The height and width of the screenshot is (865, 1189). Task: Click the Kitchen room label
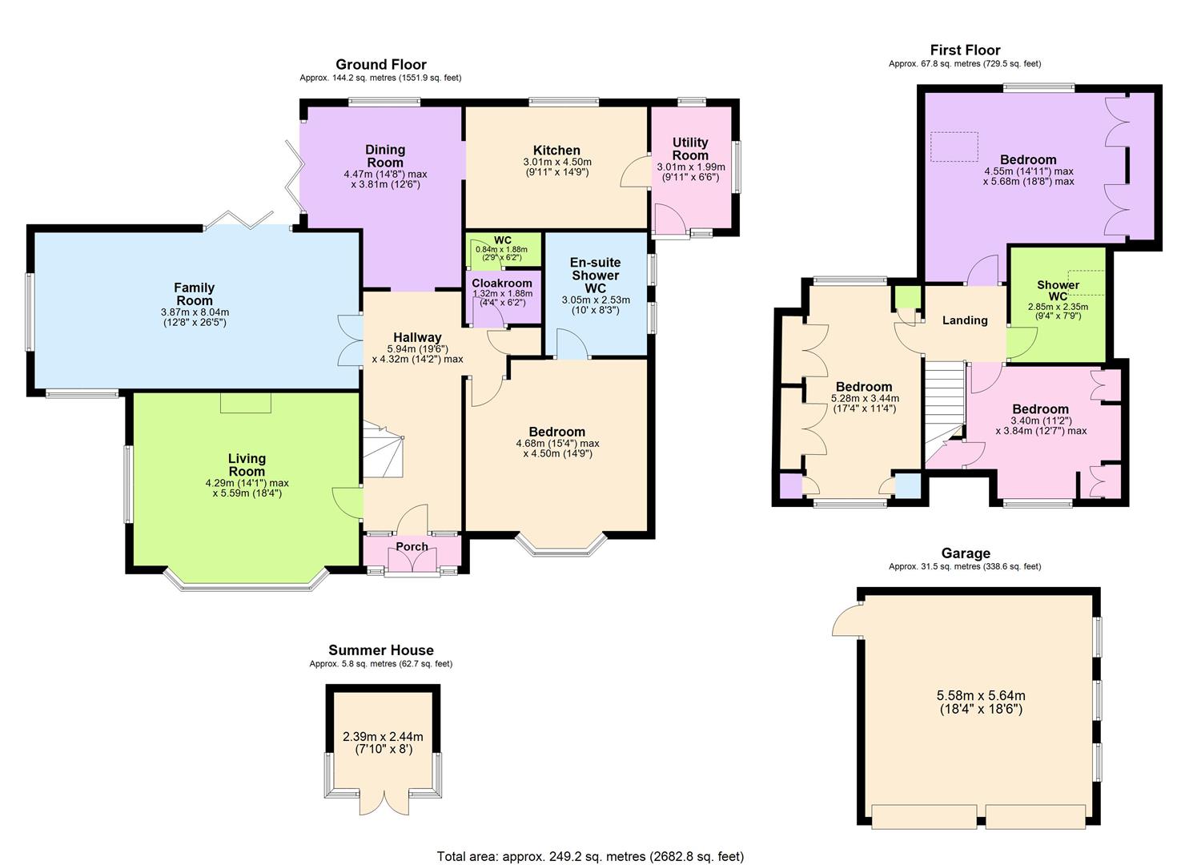(x=556, y=151)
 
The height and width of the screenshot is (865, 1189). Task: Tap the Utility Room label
(x=690, y=149)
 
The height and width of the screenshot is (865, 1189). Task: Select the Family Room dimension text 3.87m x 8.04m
(x=195, y=312)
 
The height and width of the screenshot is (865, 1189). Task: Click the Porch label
(x=412, y=547)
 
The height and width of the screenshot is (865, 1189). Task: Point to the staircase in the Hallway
(x=383, y=453)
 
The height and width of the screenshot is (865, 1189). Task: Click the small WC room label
(x=502, y=240)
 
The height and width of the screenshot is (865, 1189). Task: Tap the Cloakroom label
(x=502, y=284)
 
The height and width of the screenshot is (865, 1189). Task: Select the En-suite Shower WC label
(x=595, y=276)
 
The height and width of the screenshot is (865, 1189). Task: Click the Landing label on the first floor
(x=965, y=320)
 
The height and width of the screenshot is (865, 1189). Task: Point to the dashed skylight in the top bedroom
(x=954, y=147)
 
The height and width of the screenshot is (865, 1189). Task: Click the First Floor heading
(x=965, y=50)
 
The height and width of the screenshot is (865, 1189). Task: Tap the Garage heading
(x=966, y=553)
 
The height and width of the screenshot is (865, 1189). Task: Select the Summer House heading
(x=381, y=650)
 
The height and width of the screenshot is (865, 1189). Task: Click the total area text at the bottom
(x=590, y=856)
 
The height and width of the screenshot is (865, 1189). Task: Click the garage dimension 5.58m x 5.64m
(x=981, y=695)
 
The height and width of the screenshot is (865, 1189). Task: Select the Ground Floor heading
(x=381, y=65)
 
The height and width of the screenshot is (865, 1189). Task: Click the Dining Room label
(x=385, y=156)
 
